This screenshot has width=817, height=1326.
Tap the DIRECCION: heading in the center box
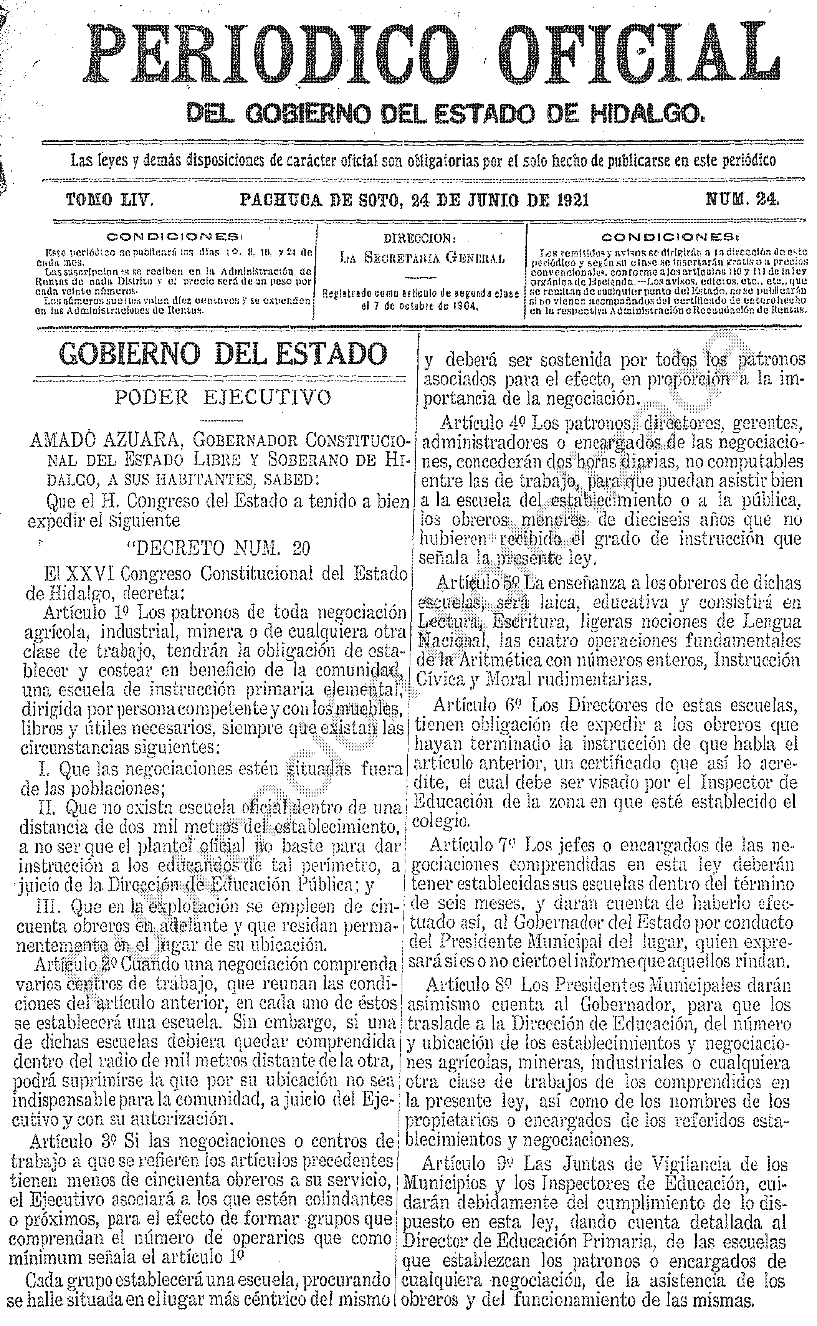[420, 238]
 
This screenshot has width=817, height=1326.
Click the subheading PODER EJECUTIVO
[222, 398]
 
